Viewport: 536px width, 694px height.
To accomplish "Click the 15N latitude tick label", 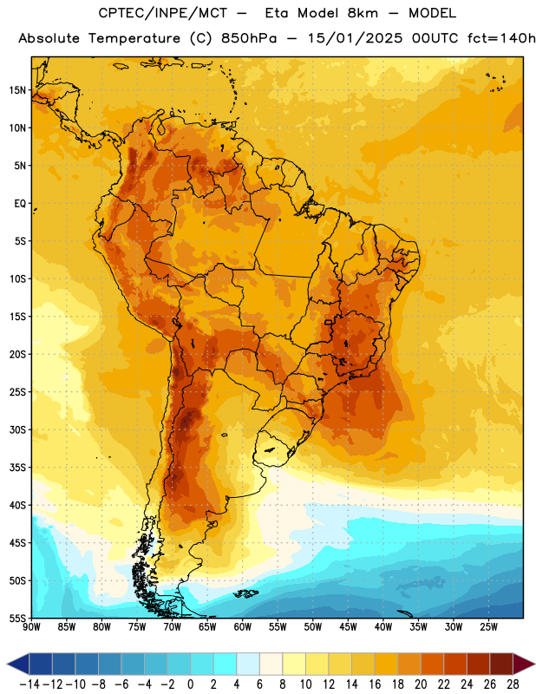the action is coord(17,90).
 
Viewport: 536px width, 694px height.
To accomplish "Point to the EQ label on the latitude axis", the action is coord(20,204).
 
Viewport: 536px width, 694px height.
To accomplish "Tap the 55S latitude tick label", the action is coord(17,618).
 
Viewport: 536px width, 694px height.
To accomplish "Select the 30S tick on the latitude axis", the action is coord(17,429).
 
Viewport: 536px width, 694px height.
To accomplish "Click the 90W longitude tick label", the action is coord(31,626).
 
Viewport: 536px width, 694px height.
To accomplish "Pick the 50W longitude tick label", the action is coord(313,626).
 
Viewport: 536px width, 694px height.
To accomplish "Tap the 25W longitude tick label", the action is coord(488,626).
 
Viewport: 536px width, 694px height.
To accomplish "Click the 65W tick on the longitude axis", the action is coord(207,626).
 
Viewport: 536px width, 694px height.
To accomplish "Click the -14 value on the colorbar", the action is coord(29,684).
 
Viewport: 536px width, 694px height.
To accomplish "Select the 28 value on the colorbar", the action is coord(513,684).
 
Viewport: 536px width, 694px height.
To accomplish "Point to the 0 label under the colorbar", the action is coord(190,684).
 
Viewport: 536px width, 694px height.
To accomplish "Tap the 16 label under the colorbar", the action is coord(375,684).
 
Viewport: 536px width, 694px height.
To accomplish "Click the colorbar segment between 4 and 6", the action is coord(248,664).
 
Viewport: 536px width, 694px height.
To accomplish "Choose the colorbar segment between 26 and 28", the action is coord(501,664).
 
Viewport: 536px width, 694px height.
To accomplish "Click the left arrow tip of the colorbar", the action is coord(7,664).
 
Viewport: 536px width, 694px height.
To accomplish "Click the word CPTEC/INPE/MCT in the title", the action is coord(162,14).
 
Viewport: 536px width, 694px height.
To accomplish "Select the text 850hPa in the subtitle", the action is coord(249,38).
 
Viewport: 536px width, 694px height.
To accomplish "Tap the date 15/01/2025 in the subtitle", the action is coord(355,38).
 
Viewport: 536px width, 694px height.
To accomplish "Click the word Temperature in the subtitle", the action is coord(134,39).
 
